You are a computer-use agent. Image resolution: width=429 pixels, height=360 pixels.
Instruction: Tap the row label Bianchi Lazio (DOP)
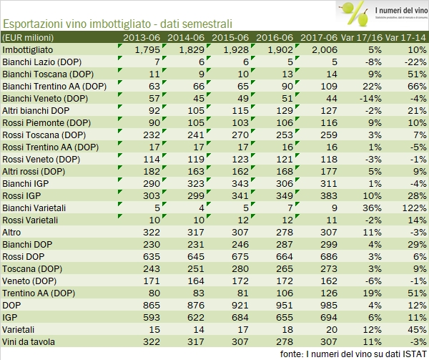[41, 62]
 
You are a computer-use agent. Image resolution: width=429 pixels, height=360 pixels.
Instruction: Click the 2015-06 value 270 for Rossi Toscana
[235, 135]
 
